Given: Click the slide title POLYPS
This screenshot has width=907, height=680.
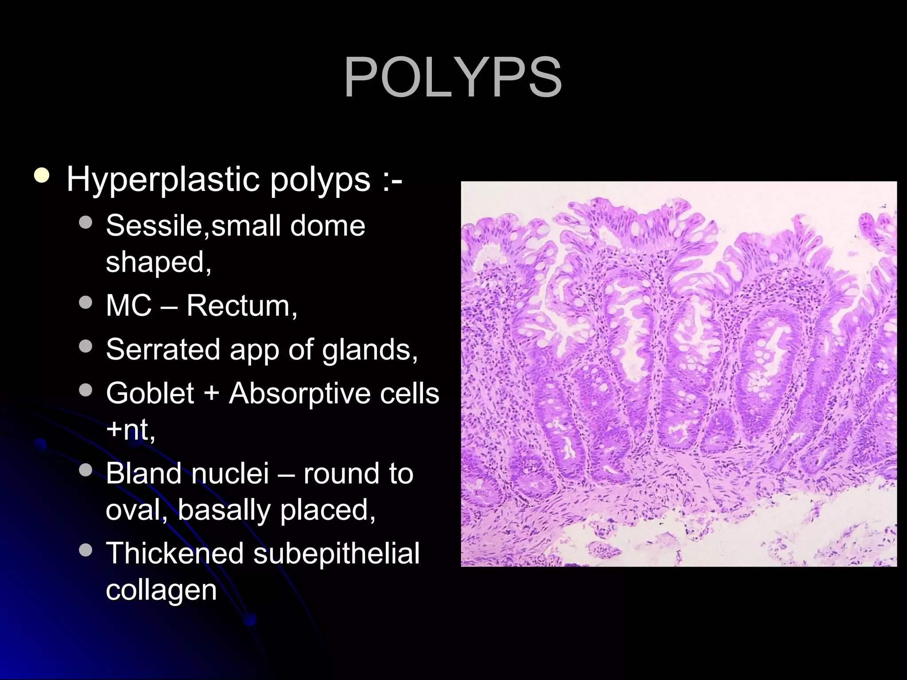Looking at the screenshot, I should (x=453, y=78).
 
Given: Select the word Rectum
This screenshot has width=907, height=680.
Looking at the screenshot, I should (x=241, y=305).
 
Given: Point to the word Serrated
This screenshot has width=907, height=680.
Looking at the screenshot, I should (x=163, y=349).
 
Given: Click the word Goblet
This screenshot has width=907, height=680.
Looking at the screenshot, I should (x=150, y=393).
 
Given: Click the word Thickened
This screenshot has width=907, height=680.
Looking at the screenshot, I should (x=175, y=553).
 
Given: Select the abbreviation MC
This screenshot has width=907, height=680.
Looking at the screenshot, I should (x=128, y=305).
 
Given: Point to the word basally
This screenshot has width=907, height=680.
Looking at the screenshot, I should (x=224, y=510).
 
